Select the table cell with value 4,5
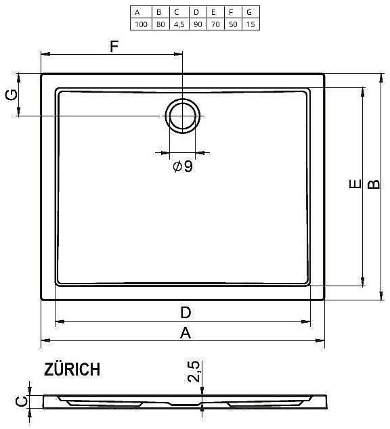177,24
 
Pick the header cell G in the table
250,12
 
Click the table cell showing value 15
250,24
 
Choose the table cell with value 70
214,24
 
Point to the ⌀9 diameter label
182,166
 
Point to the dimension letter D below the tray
185,312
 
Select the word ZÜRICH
72,369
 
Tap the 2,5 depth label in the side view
194,373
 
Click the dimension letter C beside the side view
22,402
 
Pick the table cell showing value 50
232,24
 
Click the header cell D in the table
196,12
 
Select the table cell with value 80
158,24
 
